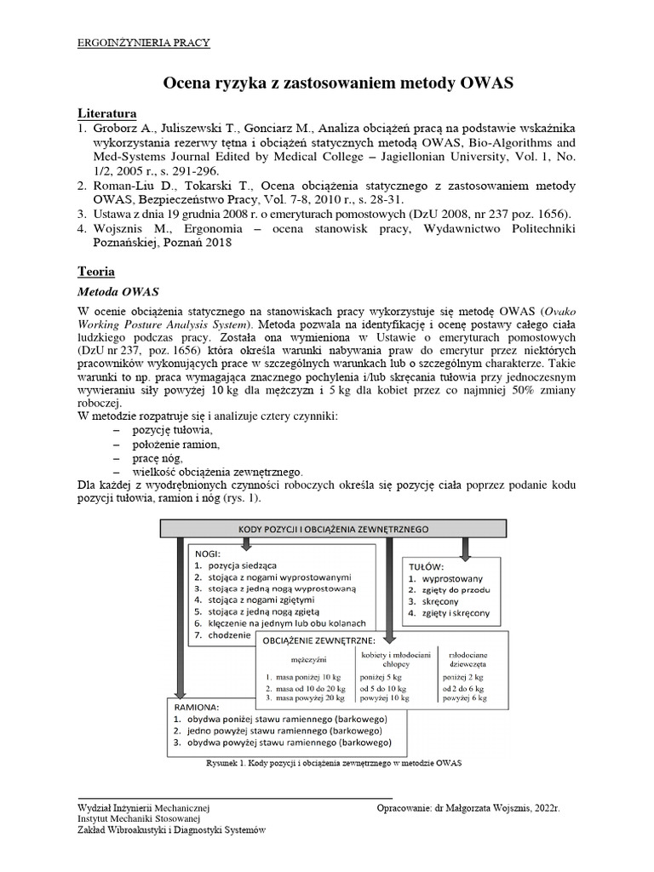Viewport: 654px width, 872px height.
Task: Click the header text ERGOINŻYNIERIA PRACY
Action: click(144, 42)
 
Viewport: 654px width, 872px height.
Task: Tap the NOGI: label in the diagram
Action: click(208, 552)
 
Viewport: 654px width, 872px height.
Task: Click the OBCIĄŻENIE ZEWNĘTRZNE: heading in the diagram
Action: click(320, 640)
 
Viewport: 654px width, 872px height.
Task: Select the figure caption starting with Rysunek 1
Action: click(333, 763)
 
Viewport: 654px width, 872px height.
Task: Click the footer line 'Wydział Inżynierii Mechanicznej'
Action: click(143, 806)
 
